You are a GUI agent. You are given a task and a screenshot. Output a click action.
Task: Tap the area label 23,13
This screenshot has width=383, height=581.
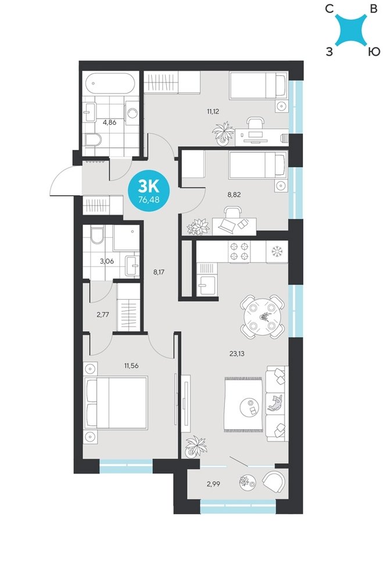237,353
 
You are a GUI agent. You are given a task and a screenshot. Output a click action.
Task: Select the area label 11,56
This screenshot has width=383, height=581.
131,365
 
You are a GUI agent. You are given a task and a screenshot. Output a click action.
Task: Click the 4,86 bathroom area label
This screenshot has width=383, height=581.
110,122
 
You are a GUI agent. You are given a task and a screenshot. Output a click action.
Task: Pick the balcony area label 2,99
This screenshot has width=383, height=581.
213,483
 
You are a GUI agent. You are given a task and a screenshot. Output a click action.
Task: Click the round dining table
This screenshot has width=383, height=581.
263,316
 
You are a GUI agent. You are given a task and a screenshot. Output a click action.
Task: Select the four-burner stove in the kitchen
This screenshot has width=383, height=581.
239,251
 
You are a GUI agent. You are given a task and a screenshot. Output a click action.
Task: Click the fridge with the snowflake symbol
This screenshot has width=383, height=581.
277,252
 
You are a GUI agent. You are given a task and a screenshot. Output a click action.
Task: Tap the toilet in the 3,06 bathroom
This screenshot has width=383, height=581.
97,235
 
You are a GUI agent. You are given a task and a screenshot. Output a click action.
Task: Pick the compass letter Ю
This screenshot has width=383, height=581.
374,52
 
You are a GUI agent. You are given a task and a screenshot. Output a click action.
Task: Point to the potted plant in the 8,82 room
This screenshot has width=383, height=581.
198,227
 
